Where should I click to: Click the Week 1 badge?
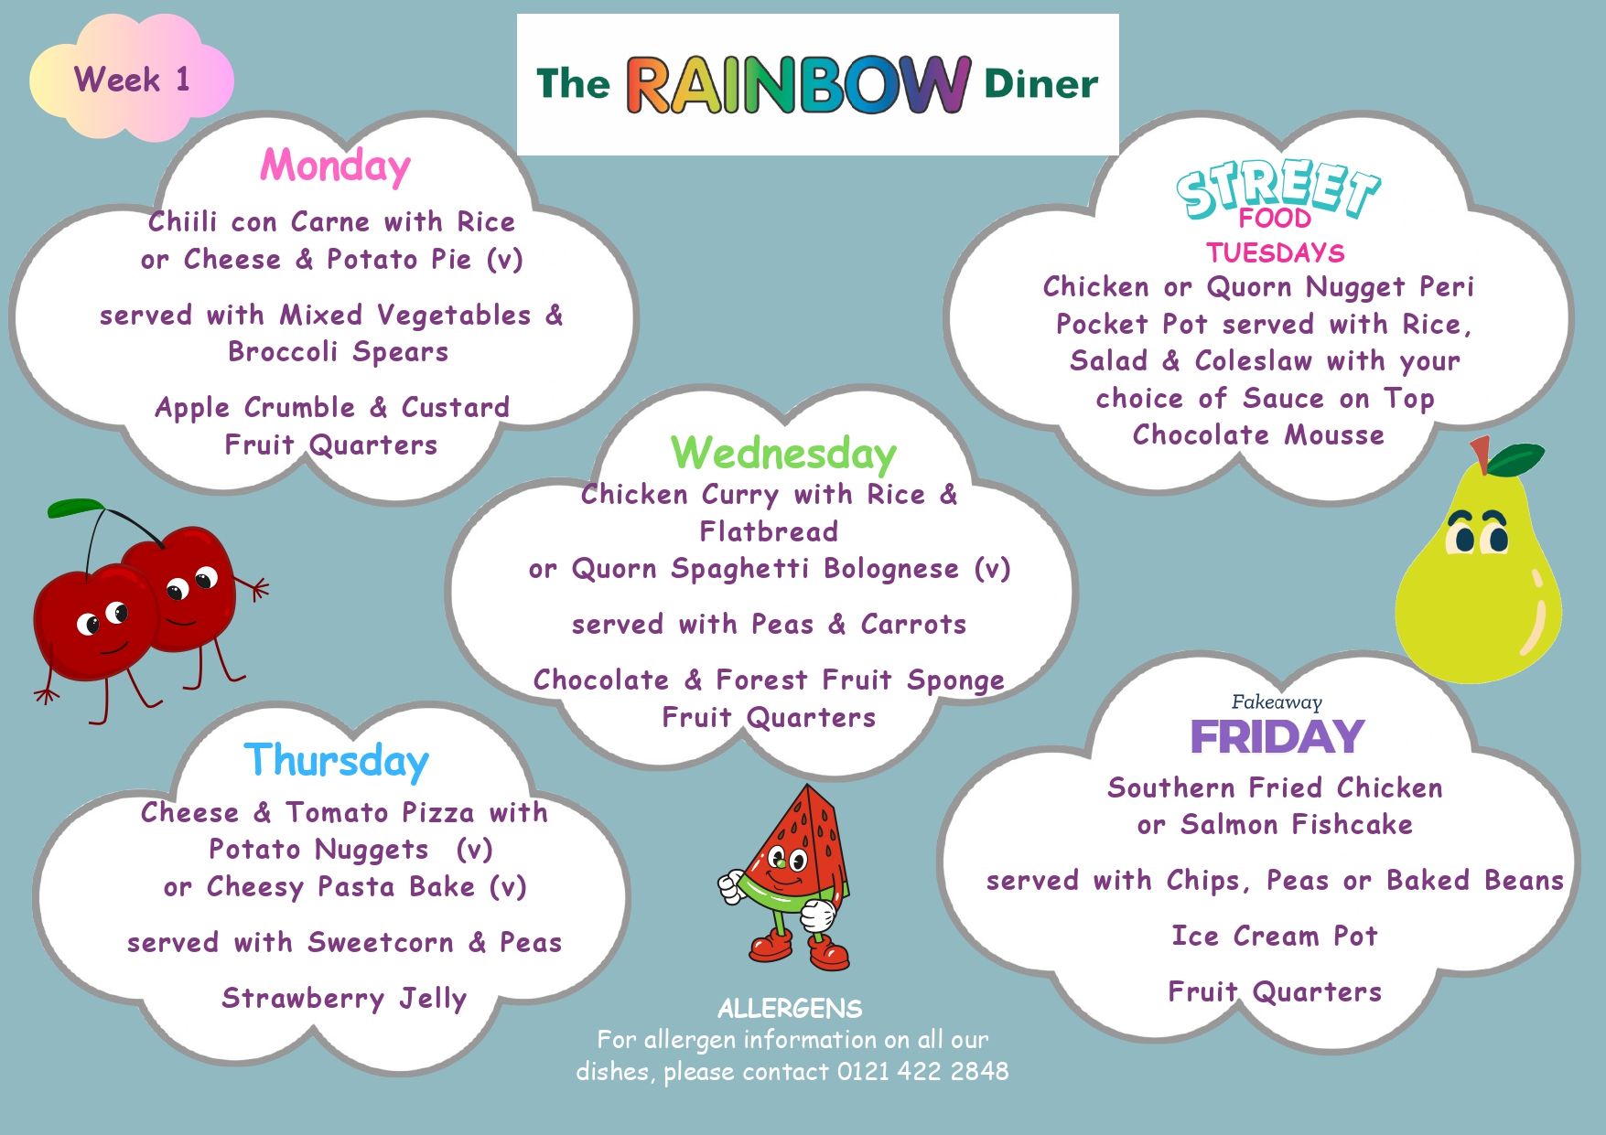132,80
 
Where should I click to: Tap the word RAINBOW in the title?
798,85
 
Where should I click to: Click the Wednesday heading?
783,454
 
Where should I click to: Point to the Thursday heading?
336,761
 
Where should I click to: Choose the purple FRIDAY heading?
1277,737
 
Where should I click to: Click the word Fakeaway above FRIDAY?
1277,702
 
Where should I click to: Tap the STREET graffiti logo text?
1278,188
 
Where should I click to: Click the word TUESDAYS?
1275,252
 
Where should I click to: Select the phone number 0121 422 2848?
922,1071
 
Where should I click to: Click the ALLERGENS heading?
790,1009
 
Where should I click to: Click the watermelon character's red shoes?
800,949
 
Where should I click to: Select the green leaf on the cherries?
76,508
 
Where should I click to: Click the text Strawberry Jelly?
344,998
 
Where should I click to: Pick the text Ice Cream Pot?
1275,936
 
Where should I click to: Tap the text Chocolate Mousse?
1258,434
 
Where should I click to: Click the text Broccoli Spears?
339,352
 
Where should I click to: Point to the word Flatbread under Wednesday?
769,531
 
